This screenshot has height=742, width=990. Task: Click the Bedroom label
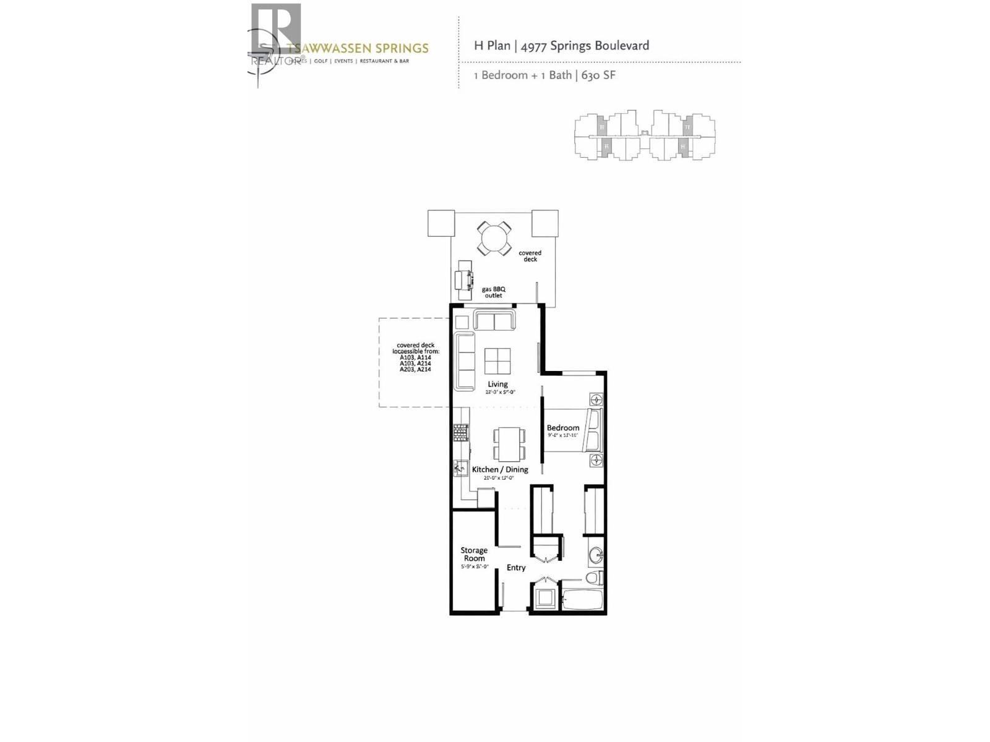563,428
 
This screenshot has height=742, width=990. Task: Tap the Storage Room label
474,554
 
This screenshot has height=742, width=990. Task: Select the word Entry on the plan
516,568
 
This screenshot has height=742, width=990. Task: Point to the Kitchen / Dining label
500,469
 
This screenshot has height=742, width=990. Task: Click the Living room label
497,384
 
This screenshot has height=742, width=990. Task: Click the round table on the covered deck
494,238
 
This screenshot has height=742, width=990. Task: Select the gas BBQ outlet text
494,292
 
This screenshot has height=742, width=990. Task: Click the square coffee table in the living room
498,361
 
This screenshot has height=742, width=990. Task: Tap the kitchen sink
460,467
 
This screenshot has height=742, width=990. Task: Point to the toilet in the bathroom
594,578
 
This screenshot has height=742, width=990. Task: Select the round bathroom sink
595,555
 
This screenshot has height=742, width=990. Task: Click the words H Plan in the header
492,45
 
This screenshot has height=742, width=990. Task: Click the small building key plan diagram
645,135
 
